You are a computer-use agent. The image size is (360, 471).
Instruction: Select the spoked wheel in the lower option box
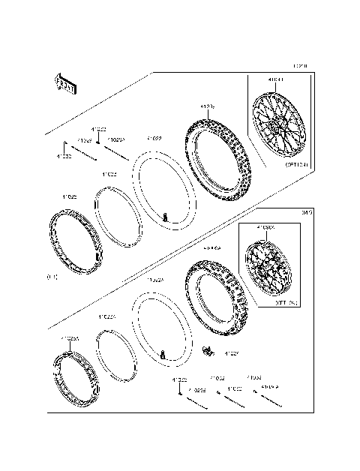(x=266, y=268)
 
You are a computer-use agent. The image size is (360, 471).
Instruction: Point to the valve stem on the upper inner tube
(x=165, y=217)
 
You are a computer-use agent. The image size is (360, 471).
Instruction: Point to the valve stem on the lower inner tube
(x=164, y=355)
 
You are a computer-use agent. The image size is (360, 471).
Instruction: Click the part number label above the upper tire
(x=208, y=107)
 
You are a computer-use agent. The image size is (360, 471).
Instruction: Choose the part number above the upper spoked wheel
(x=276, y=79)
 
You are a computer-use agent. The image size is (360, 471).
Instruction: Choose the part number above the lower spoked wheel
(x=265, y=226)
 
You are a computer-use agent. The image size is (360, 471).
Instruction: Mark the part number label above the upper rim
(x=70, y=196)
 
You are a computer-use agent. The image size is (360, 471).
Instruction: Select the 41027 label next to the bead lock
(x=232, y=353)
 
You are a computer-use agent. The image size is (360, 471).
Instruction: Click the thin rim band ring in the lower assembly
(x=118, y=355)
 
